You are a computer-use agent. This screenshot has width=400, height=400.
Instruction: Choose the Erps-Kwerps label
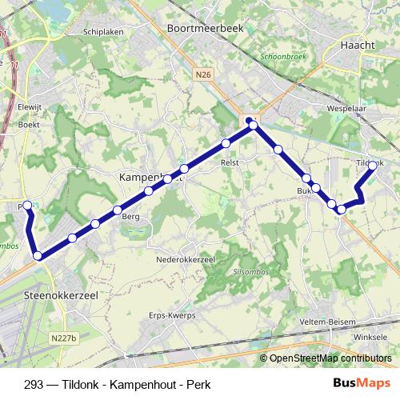point(173,315)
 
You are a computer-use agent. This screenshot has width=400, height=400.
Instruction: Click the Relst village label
point(230,162)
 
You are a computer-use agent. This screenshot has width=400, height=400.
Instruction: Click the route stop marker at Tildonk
point(372,166)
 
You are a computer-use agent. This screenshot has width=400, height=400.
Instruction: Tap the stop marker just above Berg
point(118,210)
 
